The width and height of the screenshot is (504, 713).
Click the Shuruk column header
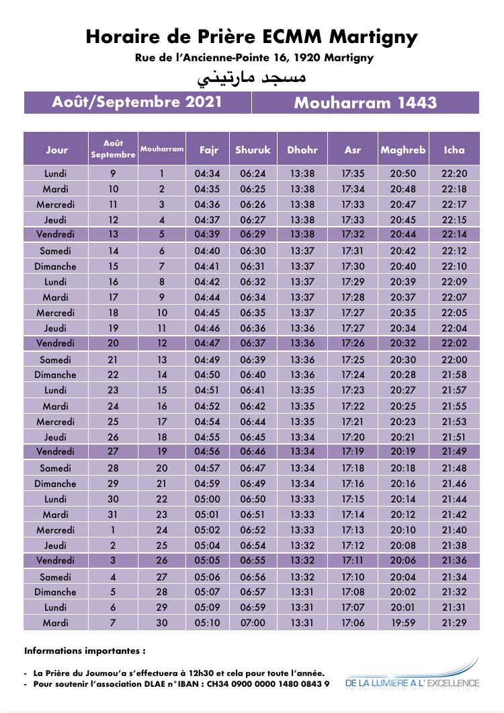253,149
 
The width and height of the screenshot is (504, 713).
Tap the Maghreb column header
403,149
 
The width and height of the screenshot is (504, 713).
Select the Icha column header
454,149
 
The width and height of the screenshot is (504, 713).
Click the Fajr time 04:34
207,174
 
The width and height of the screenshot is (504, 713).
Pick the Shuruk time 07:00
253,622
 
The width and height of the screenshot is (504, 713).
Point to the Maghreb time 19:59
403,622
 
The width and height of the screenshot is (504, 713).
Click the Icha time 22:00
454,360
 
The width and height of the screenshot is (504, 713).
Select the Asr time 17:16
353,484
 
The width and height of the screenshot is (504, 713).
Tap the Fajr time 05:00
207,499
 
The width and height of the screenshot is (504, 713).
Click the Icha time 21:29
454,622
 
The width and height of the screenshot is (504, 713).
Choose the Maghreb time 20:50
403,174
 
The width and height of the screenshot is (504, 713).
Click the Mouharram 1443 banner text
366,103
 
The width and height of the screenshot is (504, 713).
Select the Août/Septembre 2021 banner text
137,102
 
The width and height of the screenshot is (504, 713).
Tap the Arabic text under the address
251,77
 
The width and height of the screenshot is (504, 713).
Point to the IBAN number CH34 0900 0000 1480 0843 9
268,683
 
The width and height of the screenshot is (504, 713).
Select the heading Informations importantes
85,650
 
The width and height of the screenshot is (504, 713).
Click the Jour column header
57,149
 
